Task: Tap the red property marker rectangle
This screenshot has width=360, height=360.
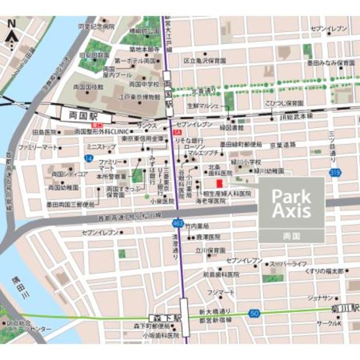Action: point(219,183)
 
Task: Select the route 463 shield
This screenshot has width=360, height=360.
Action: point(177,223)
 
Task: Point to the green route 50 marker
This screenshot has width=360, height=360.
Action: point(254,312)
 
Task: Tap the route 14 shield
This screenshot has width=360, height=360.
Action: point(88,159)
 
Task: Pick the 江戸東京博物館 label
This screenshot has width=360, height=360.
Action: point(140,97)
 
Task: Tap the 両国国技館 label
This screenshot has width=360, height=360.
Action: point(88,87)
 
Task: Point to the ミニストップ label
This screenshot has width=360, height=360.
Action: point(101,147)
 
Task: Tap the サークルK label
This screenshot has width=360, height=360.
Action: point(328,323)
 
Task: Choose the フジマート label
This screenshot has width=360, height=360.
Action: point(220,292)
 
